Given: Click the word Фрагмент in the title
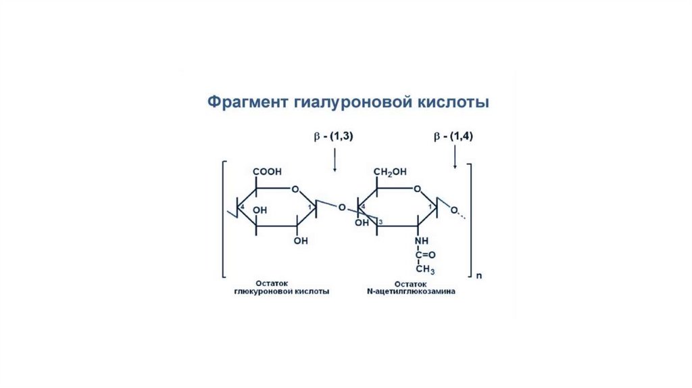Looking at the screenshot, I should click(x=247, y=103).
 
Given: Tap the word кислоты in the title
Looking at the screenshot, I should click(x=453, y=103).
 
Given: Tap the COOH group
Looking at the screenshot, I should click(x=268, y=172).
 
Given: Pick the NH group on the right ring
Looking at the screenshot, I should click(x=422, y=241).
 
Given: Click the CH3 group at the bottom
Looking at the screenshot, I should click(x=424, y=270).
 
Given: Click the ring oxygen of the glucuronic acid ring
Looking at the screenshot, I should click(x=294, y=189).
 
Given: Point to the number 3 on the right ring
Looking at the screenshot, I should click(x=380, y=222).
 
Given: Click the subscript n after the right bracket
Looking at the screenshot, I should click(x=478, y=276).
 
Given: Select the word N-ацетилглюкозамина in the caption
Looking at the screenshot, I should click(x=414, y=292).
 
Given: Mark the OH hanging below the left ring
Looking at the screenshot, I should click(x=301, y=241).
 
